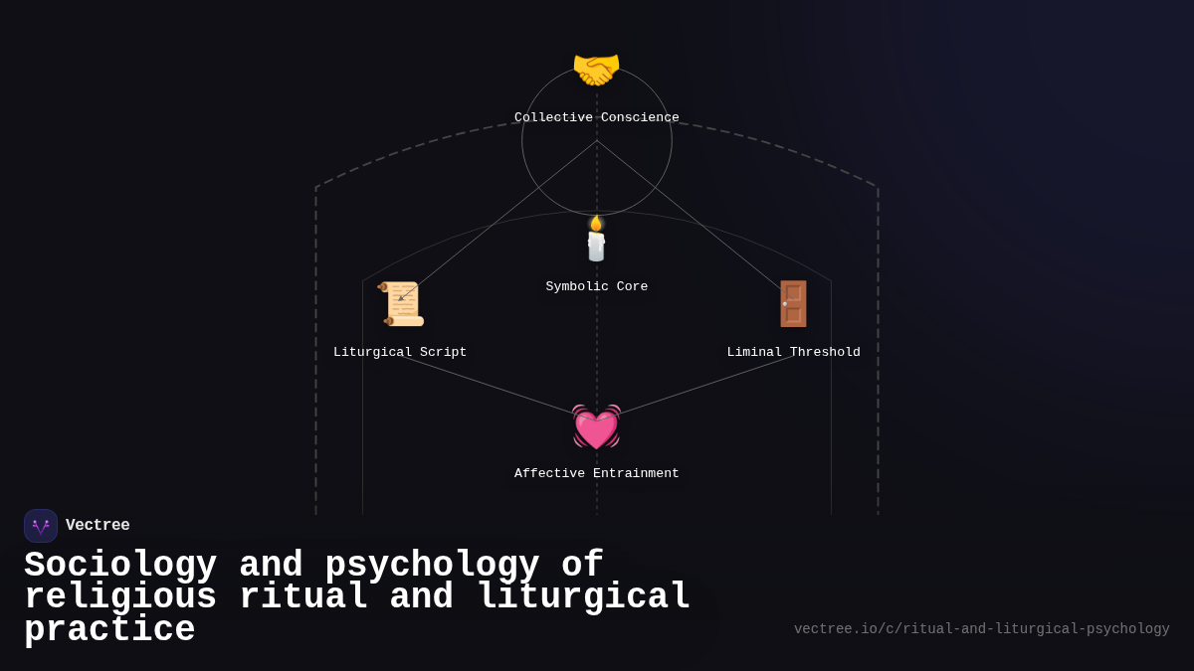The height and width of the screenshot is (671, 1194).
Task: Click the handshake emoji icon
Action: [596, 70]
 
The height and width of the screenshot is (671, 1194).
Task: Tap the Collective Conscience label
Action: [596, 118]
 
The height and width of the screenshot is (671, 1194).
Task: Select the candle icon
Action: [596, 242]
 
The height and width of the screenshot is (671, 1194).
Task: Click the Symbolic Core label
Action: [596, 287]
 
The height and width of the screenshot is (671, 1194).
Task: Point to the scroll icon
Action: [401, 304]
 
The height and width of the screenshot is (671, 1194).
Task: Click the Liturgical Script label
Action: [400, 353]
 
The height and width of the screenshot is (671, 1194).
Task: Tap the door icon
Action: [793, 304]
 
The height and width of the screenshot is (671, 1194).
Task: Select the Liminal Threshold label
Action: [793, 353]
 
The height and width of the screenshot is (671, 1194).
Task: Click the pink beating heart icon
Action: [596, 427]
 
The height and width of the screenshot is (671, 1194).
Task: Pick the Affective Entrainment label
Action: [596, 474]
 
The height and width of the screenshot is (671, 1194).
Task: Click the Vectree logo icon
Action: [41, 526]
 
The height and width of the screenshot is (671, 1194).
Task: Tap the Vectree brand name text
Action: [98, 526]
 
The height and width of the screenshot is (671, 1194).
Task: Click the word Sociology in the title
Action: [120, 566]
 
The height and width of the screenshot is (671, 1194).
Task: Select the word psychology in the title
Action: [432, 566]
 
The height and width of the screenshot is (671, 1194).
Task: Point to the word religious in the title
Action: [120, 597]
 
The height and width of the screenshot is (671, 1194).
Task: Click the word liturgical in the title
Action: [583, 597]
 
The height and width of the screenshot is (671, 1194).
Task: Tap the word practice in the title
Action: [109, 630]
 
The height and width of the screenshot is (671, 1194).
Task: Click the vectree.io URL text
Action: [981, 629]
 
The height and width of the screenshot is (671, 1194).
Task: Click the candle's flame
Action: [596, 223]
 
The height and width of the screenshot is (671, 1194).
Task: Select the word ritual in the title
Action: [303, 597]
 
